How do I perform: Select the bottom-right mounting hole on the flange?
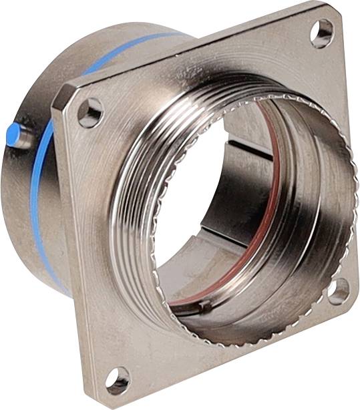pyautogui.click(x=338, y=291)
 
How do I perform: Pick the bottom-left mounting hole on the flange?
pyautogui.click(x=118, y=379)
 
